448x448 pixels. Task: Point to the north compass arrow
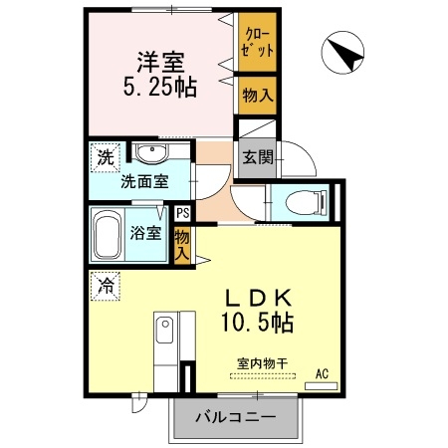click(344, 53)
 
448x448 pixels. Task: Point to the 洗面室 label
click(144, 183)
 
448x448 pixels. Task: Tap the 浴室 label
click(146, 234)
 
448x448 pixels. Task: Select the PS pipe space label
click(182, 212)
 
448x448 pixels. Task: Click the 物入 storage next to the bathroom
click(182, 244)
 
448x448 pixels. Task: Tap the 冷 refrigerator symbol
click(105, 285)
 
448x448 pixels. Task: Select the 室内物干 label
click(261, 363)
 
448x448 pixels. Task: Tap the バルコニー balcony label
click(235, 417)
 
